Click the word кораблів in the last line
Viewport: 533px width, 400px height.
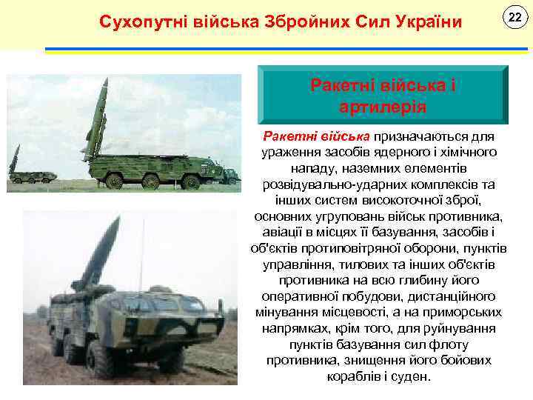(x=352, y=376)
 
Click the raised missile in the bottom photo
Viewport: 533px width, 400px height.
(x=96, y=252)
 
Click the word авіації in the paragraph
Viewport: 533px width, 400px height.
(x=281, y=233)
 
